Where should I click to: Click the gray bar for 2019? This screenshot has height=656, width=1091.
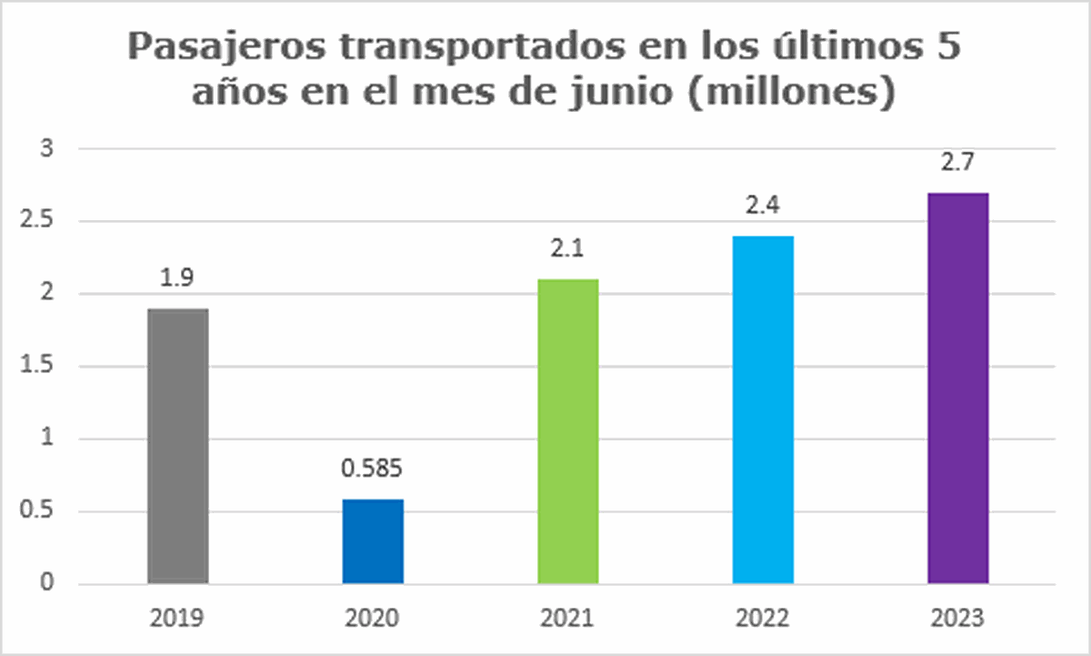(177, 446)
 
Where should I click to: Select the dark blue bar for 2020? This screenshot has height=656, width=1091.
(373, 540)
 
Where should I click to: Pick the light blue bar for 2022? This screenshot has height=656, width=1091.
(763, 409)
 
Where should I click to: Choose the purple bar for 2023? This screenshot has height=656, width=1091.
(957, 388)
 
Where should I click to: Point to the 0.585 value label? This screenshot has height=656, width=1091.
(373, 472)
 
